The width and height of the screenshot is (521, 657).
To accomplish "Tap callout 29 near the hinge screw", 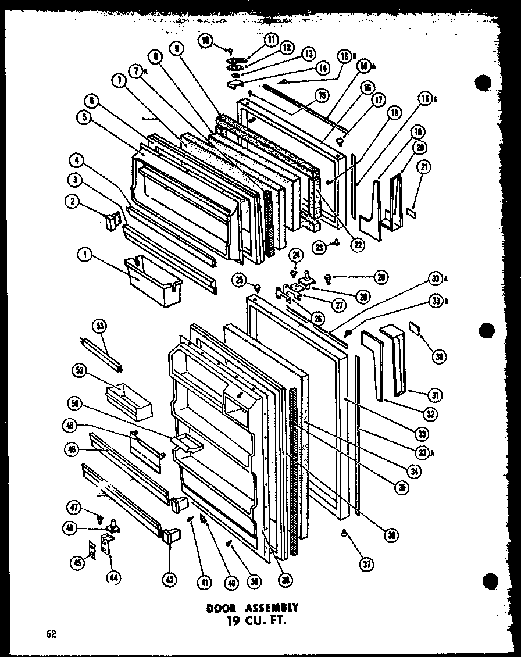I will coord(381,277).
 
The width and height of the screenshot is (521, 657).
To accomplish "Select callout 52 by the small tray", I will coord(79,369).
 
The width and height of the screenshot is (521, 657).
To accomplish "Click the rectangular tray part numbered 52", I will coord(129,401).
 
